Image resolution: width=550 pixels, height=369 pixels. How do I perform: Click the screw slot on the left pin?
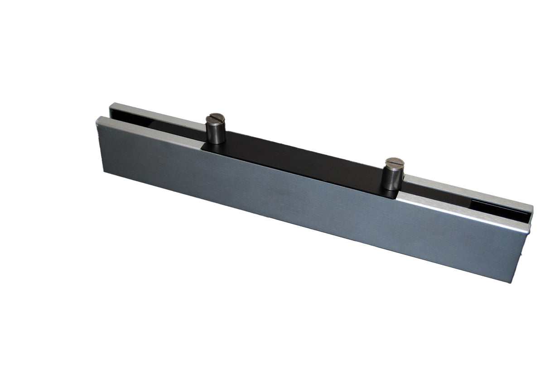pos(215,119)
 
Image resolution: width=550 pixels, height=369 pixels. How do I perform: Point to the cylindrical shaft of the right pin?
pos(392,178)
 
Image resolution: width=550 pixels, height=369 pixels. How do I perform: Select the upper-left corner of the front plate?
pos(97,119)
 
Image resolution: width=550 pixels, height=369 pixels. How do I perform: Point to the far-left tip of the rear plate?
pos(111,105)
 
